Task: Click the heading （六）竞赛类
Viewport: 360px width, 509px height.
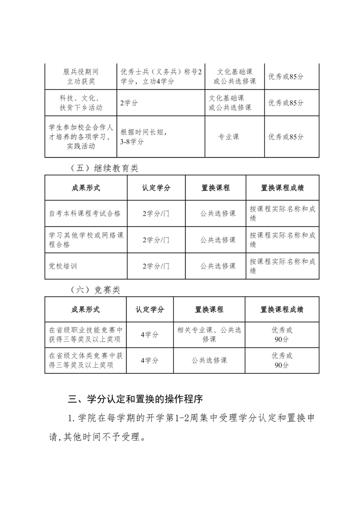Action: tap(95, 290)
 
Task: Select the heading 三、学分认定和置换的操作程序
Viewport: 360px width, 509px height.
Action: tap(135, 399)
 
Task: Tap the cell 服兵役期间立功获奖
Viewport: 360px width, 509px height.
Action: tap(81, 77)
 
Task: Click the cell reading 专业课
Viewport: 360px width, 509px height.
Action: tap(229, 137)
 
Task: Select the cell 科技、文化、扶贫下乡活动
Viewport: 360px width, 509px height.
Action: tap(81, 103)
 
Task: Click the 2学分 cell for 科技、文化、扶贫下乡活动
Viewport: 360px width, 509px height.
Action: tap(129, 103)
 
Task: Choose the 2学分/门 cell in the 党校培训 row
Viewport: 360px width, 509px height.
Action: tap(156, 266)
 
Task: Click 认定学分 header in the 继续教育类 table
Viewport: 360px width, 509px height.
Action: tap(156, 187)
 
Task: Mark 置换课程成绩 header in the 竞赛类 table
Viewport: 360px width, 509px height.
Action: tap(281, 309)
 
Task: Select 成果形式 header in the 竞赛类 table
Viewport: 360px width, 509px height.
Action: tap(85, 309)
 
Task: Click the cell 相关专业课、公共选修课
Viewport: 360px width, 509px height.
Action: tap(209, 335)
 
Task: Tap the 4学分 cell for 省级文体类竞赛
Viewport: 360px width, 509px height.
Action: tap(149, 361)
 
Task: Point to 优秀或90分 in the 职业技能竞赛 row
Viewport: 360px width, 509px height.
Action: tap(281, 335)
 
